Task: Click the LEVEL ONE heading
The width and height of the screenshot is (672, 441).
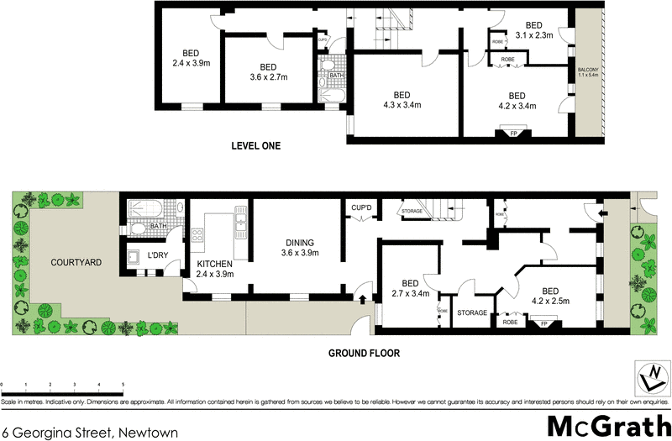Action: pos(256,146)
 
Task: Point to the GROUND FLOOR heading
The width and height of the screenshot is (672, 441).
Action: pos(363,354)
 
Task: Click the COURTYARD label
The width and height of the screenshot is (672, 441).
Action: pos(76,262)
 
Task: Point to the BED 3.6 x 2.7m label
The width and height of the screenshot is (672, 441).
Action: pos(268,72)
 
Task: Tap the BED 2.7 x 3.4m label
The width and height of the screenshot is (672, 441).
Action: pos(410,288)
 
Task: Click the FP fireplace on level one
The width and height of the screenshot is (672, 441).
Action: pos(512,132)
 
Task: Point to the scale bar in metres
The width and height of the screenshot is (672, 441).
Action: pos(63,383)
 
